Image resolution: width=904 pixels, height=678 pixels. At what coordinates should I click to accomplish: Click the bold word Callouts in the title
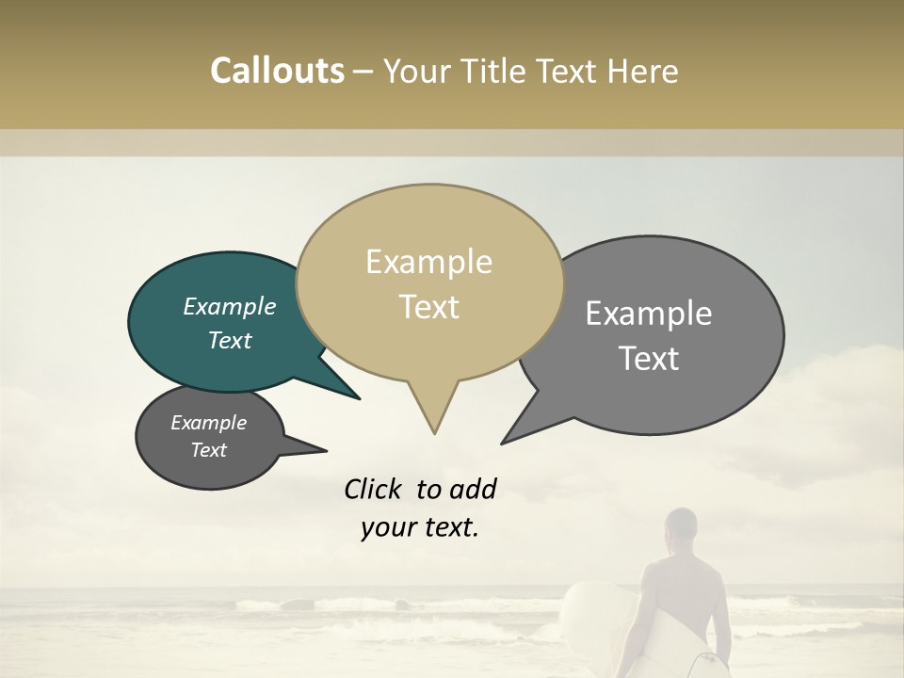277,72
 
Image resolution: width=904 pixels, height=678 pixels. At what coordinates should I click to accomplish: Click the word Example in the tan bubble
428,262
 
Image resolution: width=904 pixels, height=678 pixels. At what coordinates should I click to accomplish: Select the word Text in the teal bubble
230,340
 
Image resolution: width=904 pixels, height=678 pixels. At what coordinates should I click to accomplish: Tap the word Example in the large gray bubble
649,314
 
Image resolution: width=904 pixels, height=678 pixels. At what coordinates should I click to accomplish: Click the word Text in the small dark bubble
209,450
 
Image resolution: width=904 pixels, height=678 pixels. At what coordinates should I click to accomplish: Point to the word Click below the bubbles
372,489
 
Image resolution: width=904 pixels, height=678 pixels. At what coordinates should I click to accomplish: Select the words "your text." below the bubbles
420,528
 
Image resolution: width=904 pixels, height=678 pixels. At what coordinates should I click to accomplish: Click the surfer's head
680,529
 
